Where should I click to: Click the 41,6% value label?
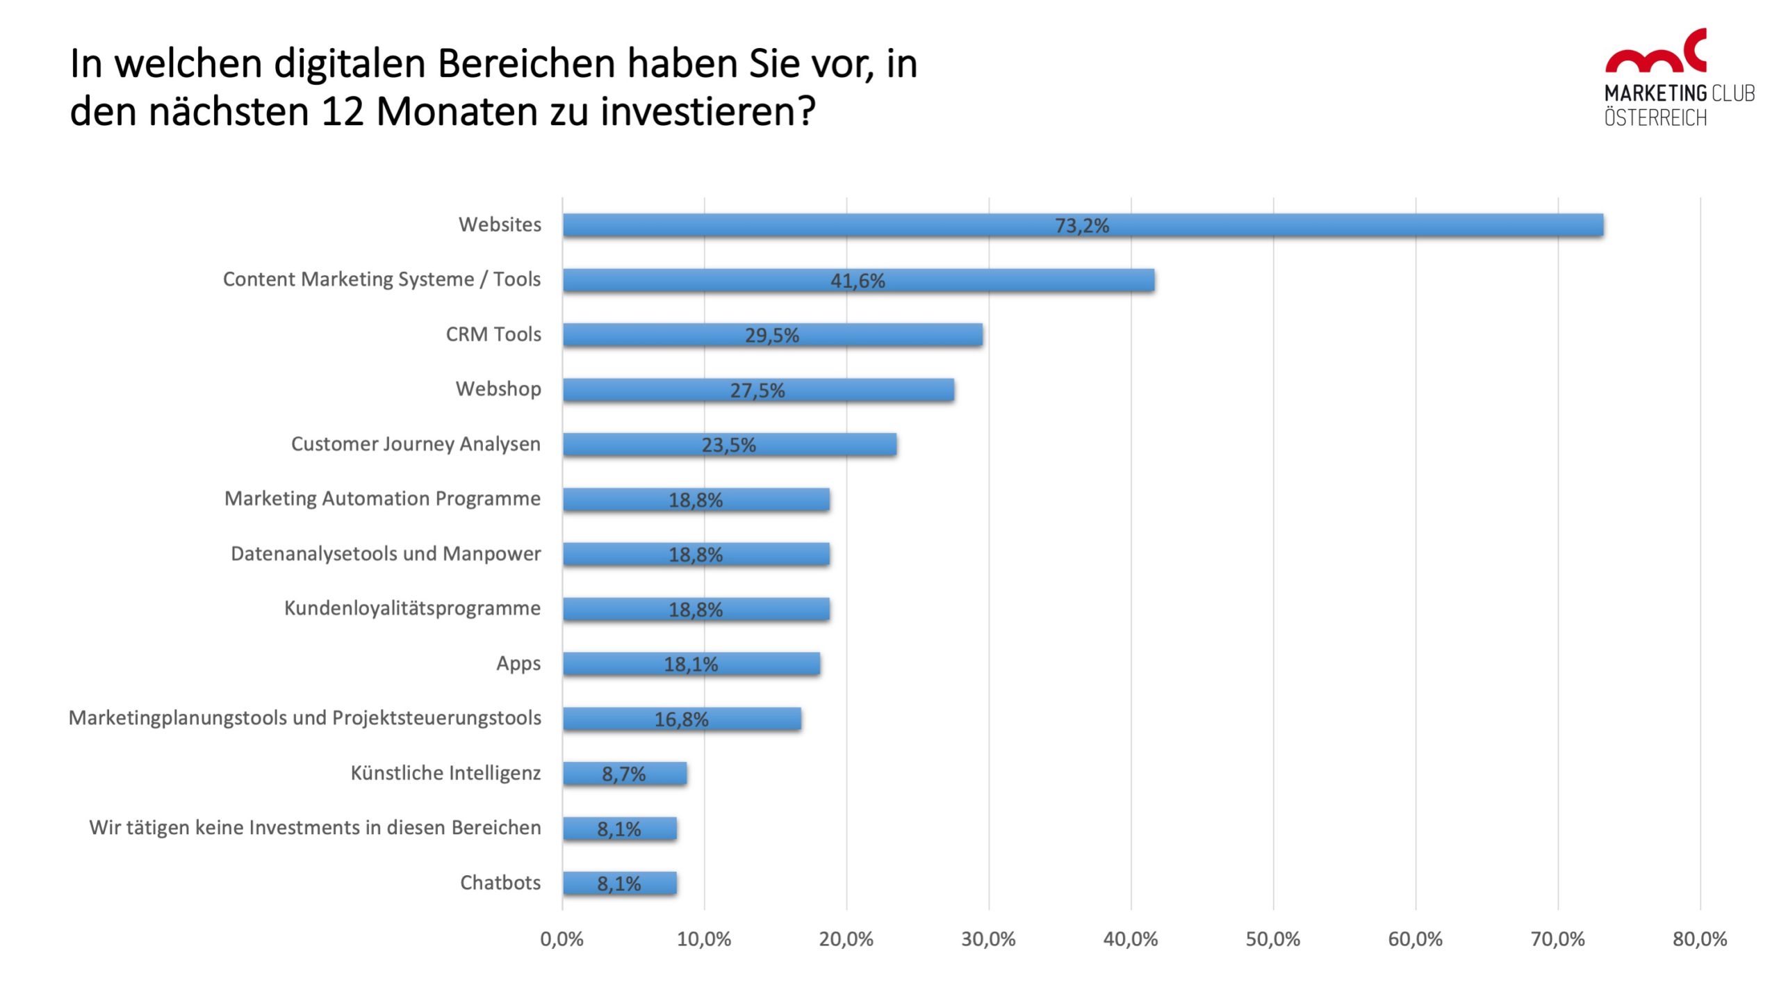click(x=858, y=281)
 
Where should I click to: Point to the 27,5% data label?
click(x=757, y=391)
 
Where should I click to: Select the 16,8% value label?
click(x=681, y=719)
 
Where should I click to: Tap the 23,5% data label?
click(x=728, y=445)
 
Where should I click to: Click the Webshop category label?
click(x=498, y=389)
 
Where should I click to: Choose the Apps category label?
click(x=518, y=663)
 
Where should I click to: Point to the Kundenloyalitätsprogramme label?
click(x=412, y=608)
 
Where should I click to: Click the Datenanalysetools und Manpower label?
click(x=386, y=553)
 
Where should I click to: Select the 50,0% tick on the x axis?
click(x=1272, y=939)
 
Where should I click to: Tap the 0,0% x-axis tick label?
click(x=561, y=939)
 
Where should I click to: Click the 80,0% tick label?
click(x=1699, y=939)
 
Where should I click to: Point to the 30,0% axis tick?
click(x=988, y=939)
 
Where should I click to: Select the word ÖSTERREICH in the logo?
click(x=1655, y=118)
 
